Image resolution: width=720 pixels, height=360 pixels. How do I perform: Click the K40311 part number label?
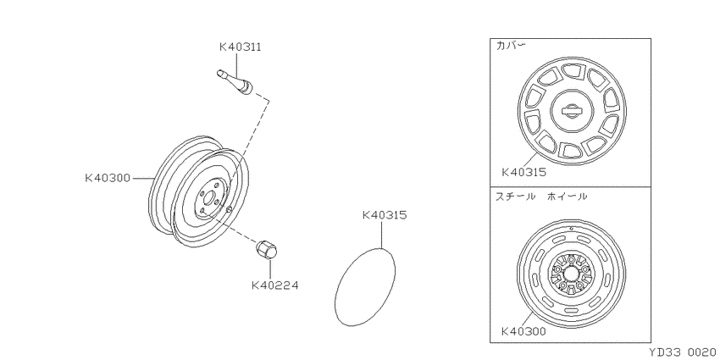click(x=240, y=47)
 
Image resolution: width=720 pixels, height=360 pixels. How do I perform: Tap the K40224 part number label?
click(x=275, y=285)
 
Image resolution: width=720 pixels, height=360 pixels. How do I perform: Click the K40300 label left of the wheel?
click(x=108, y=178)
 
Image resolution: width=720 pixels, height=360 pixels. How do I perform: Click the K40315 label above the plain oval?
click(x=385, y=215)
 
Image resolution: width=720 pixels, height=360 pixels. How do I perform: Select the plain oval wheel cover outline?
click(x=366, y=286)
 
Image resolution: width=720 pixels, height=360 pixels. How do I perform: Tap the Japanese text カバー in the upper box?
click(x=511, y=45)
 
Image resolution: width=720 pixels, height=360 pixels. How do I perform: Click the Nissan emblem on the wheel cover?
click(x=572, y=111)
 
